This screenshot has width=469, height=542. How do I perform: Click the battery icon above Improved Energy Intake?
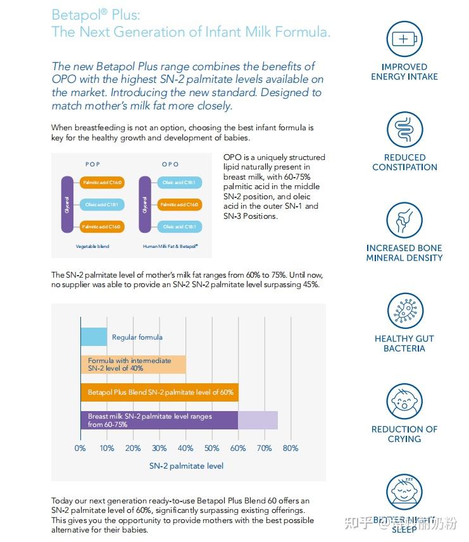(404, 39)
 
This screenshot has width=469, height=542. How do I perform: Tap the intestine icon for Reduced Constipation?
(404, 130)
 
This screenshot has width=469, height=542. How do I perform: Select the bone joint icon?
(404, 220)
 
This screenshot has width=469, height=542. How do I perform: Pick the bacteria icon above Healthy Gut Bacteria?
(404, 311)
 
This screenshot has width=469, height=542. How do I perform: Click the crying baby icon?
(404, 402)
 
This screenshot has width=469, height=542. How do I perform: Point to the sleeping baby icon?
(404, 492)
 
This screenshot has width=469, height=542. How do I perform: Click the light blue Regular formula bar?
(94, 337)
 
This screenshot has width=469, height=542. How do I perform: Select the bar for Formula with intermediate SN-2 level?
(133, 364)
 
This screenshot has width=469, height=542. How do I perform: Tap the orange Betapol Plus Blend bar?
(159, 392)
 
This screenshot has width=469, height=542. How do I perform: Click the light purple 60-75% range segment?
(258, 421)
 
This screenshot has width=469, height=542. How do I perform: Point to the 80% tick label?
(291, 448)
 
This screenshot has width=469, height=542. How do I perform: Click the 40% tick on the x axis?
(185, 448)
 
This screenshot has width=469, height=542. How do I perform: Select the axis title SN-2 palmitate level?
(186, 466)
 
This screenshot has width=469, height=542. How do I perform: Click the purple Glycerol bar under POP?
(67, 204)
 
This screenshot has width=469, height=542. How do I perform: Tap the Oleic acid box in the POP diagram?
(102, 204)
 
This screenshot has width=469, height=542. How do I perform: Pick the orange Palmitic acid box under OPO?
(180, 204)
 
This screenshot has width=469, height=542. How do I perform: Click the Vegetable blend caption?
(92, 246)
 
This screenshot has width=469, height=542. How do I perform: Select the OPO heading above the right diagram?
(170, 164)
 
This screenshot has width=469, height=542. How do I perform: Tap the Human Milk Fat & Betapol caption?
(170, 246)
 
